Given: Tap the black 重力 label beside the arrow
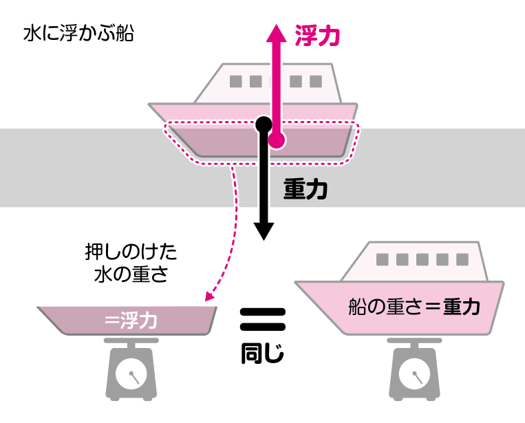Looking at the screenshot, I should tap(306, 190).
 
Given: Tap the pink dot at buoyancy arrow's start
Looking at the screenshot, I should tap(276, 142).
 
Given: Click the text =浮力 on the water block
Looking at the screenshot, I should tap(131, 320).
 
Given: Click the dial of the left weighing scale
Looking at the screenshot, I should tap(130, 376).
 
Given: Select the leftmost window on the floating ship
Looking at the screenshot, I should tap(236, 81).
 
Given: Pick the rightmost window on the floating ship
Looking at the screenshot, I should tap(316, 81).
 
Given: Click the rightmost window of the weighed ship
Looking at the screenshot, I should tap(461, 259).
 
